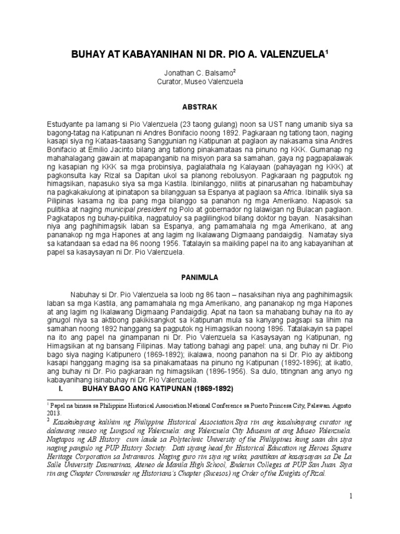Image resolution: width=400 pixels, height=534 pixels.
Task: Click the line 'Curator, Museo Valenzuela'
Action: pos(200,82)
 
